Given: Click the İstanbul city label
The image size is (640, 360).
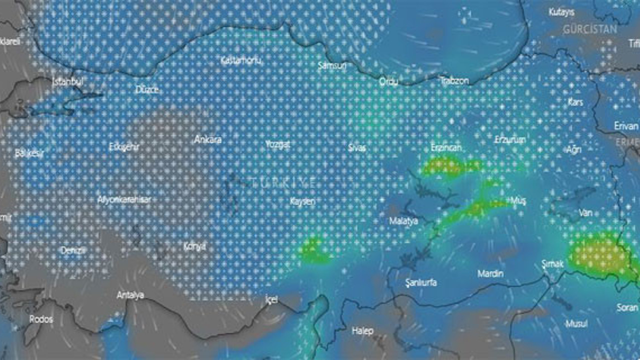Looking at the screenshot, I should pyautogui.click(x=68, y=81).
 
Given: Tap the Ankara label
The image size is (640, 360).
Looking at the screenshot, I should pyautogui.click(x=207, y=139).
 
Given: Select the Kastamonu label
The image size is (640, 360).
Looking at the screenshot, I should pyautogui.click(x=241, y=60).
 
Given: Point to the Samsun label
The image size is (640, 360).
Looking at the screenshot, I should pyautogui.click(x=332, y=65).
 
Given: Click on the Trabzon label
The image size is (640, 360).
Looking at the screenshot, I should pyautogui.click(x=454, y=80).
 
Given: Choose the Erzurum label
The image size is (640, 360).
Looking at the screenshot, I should pyautogui.click(x=510, y=139).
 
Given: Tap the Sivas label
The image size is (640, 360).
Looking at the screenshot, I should pyautogui.click(x=357, y=147).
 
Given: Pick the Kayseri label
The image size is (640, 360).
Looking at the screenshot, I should pyautogui.click(x=302, y=201).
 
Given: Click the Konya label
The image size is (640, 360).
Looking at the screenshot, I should pyautogui.click(x=194, y=246).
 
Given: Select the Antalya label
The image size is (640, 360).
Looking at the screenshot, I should pyautogui.click(x=130, y=295).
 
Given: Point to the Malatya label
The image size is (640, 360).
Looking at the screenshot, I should pyautogui.click(x=403, y=220).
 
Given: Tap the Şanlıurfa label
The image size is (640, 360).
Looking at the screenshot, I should pyautogui.click(x=420, y=282).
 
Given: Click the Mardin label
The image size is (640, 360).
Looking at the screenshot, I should pyautogui.click(x=490, y=273).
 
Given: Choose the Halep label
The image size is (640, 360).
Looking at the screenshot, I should pyautogui.click(x=362, y=330).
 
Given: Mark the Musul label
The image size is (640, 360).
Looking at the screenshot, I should pyautogui.click(x=576, y=323).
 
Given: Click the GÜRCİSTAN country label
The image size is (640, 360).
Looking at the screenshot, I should pyautogui.click(x=590, y=29).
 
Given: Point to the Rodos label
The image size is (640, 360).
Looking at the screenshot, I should pyautogui.click(x=41, y=319).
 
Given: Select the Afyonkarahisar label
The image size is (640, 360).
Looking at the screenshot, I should pyautogui.click(x=124, y=199).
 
